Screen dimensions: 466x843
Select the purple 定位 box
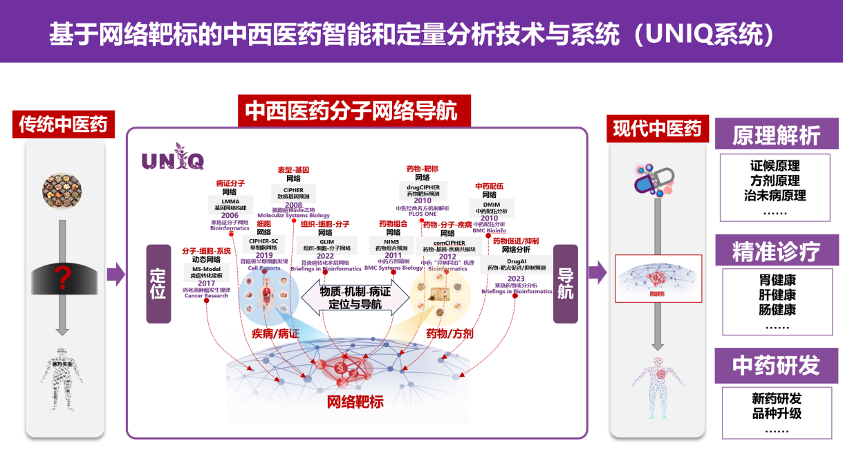coord(158,283)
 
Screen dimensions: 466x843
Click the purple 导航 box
coord(566,283)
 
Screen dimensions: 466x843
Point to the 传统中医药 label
coord(63,125)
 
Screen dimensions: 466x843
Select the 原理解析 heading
coord(776,135)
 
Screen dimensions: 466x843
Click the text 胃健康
coord(777,281)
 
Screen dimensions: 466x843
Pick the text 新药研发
coord(777,399)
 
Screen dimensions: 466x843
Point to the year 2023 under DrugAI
coord(516,279)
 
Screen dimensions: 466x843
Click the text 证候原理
coord(775,166)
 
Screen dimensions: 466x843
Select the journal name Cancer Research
coord(205,296)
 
